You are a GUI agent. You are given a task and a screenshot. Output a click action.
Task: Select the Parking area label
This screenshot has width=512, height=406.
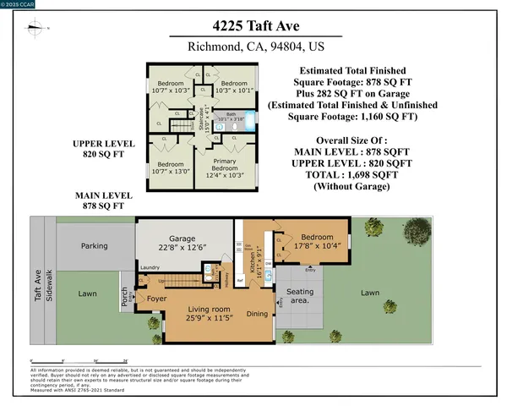(94, 246)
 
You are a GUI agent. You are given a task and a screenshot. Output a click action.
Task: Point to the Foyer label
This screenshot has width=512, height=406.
(158, 299)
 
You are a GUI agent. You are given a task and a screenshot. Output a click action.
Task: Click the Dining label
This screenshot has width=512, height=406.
(257, 315)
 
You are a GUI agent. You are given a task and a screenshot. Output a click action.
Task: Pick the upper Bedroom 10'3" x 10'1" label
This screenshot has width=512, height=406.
(233, 85)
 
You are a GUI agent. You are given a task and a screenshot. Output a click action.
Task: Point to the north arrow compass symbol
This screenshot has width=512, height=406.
(35, 28)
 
